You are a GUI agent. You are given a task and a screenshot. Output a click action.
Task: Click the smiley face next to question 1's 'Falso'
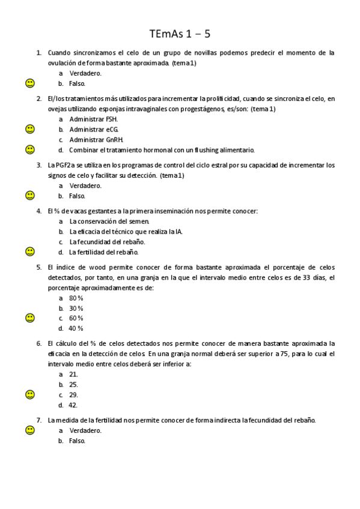click(30, 83)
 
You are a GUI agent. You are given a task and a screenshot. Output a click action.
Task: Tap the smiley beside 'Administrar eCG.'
click(30, 129)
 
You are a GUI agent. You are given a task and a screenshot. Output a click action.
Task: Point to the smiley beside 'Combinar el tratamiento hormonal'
click(30, 149)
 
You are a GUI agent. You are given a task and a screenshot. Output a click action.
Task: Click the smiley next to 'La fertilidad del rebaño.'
click(30, 251)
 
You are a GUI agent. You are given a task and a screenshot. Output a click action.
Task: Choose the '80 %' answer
click(76, 298)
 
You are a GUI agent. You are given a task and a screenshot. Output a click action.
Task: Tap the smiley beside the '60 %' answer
click(30, 318)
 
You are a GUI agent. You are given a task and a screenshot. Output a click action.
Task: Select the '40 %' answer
click(76, 328)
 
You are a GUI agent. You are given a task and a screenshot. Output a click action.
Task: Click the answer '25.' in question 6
click(74, 384)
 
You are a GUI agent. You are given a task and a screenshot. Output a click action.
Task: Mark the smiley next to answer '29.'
click(30, 394)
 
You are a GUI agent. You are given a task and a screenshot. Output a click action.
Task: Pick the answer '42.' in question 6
click(74, 405)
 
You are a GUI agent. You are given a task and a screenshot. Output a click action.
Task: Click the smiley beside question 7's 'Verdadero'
click(30, 430)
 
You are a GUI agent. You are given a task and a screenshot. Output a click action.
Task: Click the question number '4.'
click(39, 211)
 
